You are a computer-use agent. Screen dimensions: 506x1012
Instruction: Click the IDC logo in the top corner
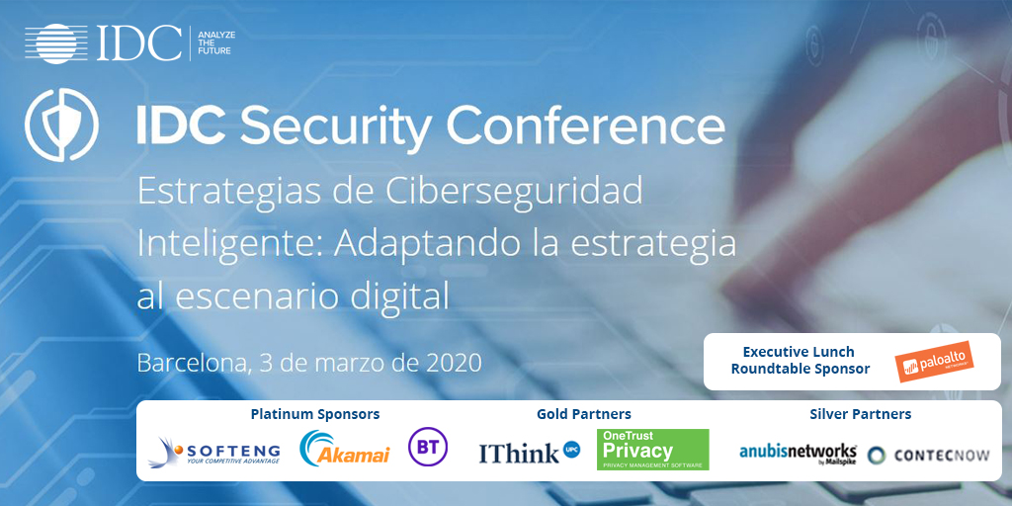[103, 42]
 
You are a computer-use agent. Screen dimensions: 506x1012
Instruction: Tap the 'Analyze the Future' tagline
[215, 42]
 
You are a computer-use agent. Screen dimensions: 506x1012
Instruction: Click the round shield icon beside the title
[62, 126]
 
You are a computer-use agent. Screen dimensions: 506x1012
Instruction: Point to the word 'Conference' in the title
[585, 127]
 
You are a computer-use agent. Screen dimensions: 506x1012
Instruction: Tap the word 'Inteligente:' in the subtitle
[219, 242]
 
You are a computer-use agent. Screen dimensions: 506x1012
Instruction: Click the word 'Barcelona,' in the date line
[191, 362]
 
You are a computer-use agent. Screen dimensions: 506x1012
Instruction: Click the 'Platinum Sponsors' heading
[315, 414]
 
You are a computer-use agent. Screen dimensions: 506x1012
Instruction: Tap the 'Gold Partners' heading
[584, 414]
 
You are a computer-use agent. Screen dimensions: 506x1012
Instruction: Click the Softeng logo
[214, 452]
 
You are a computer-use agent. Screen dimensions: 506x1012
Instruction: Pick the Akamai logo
[345, 451]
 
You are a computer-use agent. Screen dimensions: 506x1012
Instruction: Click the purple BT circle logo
[428, 448]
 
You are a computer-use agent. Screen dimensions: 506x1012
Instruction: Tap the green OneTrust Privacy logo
[652, 450]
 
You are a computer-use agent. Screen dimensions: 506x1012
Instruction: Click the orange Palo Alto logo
[935, 361]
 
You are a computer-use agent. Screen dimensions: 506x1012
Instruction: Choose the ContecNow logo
[930, 455]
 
